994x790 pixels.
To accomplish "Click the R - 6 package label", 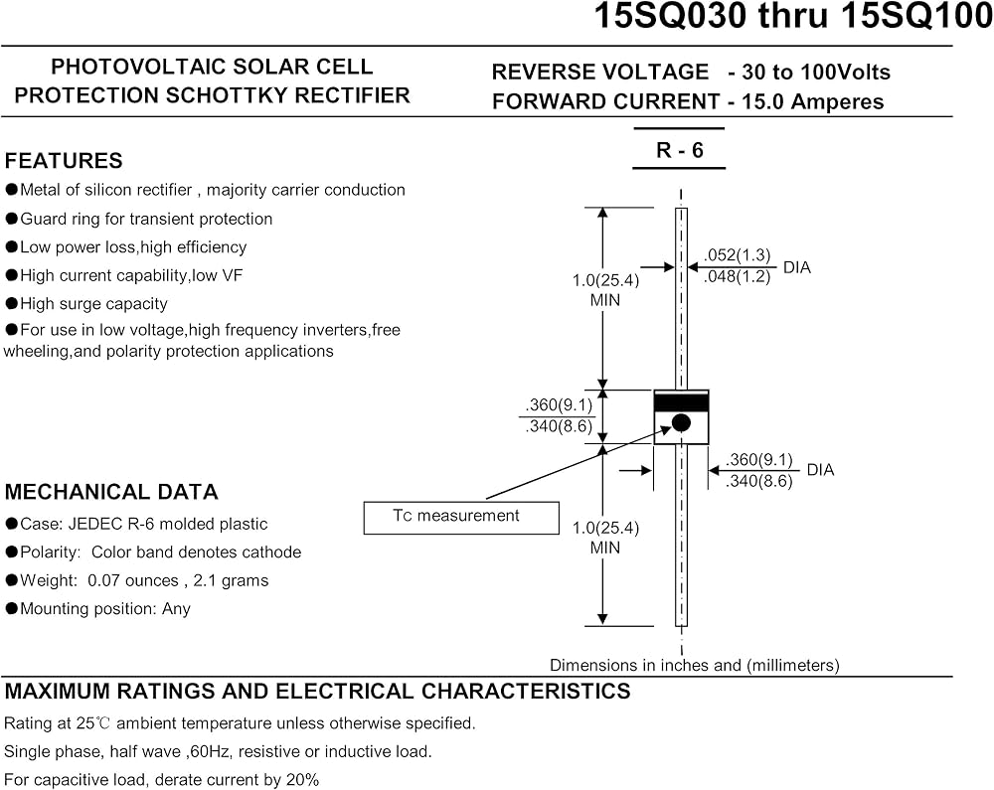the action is (x=680, y=150).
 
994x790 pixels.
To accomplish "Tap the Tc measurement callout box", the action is (x=461, y=518).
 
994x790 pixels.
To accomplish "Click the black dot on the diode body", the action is (x=681, y=422).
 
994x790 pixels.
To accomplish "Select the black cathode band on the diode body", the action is (x=682, y=402).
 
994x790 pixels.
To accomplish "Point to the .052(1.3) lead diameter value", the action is (x=738, y=254).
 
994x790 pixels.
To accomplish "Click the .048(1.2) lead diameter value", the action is (x=738, y=276).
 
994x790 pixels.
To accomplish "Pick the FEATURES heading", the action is (x=64, y=161).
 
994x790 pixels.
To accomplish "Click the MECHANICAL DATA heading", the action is (x=111, y=492).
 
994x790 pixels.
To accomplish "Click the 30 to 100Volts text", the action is (x=816, y=73).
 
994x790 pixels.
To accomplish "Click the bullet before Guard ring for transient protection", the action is (x=11, y=219).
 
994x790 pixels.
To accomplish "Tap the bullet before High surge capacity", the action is (x=11, y=303).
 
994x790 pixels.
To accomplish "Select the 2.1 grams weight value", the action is (x=231, y=580).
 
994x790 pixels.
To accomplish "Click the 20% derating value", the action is (x=303, y=779).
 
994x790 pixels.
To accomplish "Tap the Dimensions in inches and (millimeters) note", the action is (x=694, y=665).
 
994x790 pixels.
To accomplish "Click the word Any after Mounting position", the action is (x=176, y=609).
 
